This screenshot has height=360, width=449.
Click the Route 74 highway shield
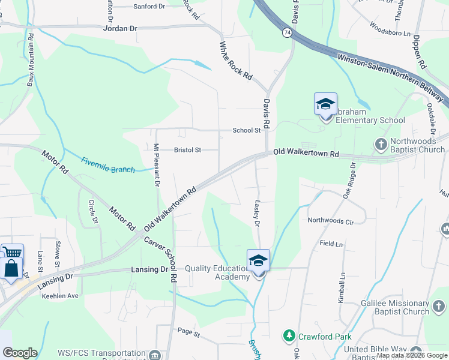pyautogui.click(x=288, y=33)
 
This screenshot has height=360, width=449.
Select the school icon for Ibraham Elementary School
pyautogui.click(x=325, y=104)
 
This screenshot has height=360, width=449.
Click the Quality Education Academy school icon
pyautogui.click(x=259, y=261)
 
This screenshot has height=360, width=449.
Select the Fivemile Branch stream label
pyautogui.click(x=108, y=166)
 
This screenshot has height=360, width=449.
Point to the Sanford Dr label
pyautogui.click(x=149, y=7)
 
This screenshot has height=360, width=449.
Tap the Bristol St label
pyautogui.click(x=187, y=150)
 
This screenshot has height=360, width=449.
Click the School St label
pyautogui.click(x=247, y=130)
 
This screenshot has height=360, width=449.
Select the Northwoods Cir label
pyautogui.click(x=330, y=221)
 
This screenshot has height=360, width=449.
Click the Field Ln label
pyautogui.click(x=331, y=244)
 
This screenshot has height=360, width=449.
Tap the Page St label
pyautogui.click(x=188, y=331)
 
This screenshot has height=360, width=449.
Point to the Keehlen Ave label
pyautogui.click(x=60, y=296)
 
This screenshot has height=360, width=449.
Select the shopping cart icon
pyautogui.click(x=11, y=253)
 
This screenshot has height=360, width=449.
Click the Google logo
pyautogui.click(x=20, y=353)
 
